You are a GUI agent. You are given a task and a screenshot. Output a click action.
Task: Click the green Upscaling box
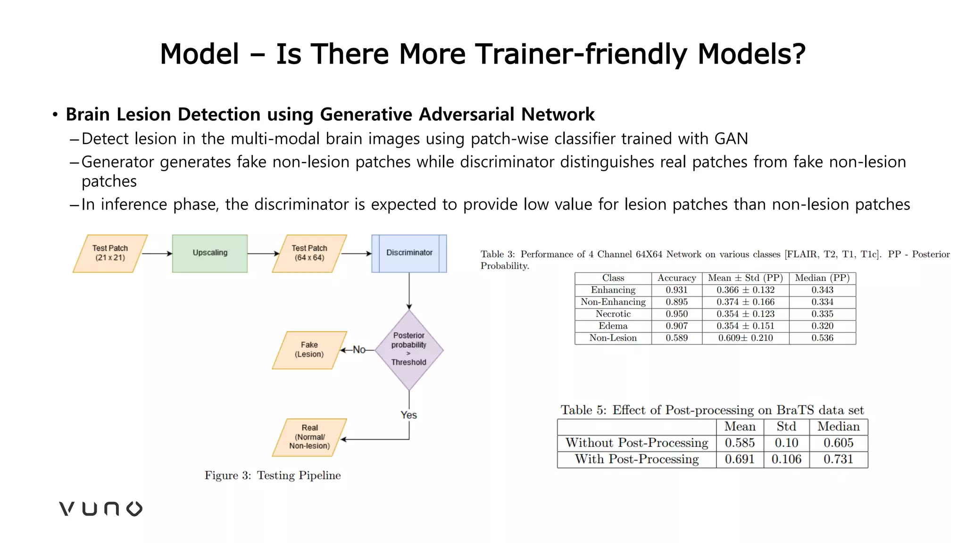[x=209, y=253]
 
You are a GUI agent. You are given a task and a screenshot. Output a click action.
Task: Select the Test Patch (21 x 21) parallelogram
[x=110, y=253]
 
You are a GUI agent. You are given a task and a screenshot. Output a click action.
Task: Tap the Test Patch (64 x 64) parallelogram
[x=309, y=253]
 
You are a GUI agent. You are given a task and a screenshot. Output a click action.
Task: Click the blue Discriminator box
[x=409, y=253]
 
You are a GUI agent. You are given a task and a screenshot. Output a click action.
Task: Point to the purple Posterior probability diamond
[x=409, y=349]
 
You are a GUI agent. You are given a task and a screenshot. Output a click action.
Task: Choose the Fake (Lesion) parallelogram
[x=309, y=350]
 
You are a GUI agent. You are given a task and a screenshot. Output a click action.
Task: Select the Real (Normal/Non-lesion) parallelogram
[x=309, y=437]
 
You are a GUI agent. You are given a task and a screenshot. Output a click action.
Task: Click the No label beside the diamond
[x=359, y=350]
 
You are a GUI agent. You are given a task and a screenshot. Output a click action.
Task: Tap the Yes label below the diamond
[x=408, y=415]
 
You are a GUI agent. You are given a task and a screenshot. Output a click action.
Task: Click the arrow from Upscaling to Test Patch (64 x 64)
[x=263, y=254]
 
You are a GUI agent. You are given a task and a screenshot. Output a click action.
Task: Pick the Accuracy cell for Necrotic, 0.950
[x=676, y=314]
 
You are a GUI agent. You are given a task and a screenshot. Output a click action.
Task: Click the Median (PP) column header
[x=822, y=278]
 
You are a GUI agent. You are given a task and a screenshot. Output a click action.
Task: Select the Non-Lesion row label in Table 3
[x=613, y=338]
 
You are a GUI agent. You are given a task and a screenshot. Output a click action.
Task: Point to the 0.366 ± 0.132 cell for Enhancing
[x=745, y=290]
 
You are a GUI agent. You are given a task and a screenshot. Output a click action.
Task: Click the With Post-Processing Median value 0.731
[x=838, y=459]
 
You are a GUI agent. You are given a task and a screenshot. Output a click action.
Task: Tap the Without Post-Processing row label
[x=637, y=443]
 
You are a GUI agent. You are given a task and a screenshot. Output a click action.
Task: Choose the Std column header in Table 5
[x=786, y=427]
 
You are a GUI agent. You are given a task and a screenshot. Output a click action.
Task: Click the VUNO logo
[x=100, y=509]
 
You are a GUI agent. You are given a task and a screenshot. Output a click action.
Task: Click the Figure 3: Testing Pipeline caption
[x=273, y=475]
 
